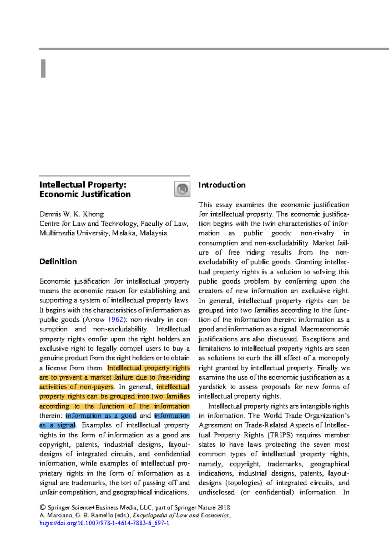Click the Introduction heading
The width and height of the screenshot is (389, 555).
[x=222, y=185]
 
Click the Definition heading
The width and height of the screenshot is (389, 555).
[x=58, y=262]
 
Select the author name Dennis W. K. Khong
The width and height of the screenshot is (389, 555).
[x=72, y=214]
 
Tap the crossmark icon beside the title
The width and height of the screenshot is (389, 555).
[x=182, y=189]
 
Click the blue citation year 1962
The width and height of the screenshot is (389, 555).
[x=115, y=320]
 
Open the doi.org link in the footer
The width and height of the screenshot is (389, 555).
[x=104, y=523]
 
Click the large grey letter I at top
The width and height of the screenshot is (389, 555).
[x=43, y=69]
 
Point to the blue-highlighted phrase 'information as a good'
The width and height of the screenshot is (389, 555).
[x=101, y=416]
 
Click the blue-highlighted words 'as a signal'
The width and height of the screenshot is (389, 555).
[x=57, y=425]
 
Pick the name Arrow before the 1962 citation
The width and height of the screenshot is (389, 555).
[x=95, y=320]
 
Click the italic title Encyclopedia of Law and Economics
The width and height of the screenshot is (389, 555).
[x=181, y=515]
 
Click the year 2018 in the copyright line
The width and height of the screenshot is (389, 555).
[x=224, y=508]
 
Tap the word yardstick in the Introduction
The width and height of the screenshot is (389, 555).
[x=212, y=387]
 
